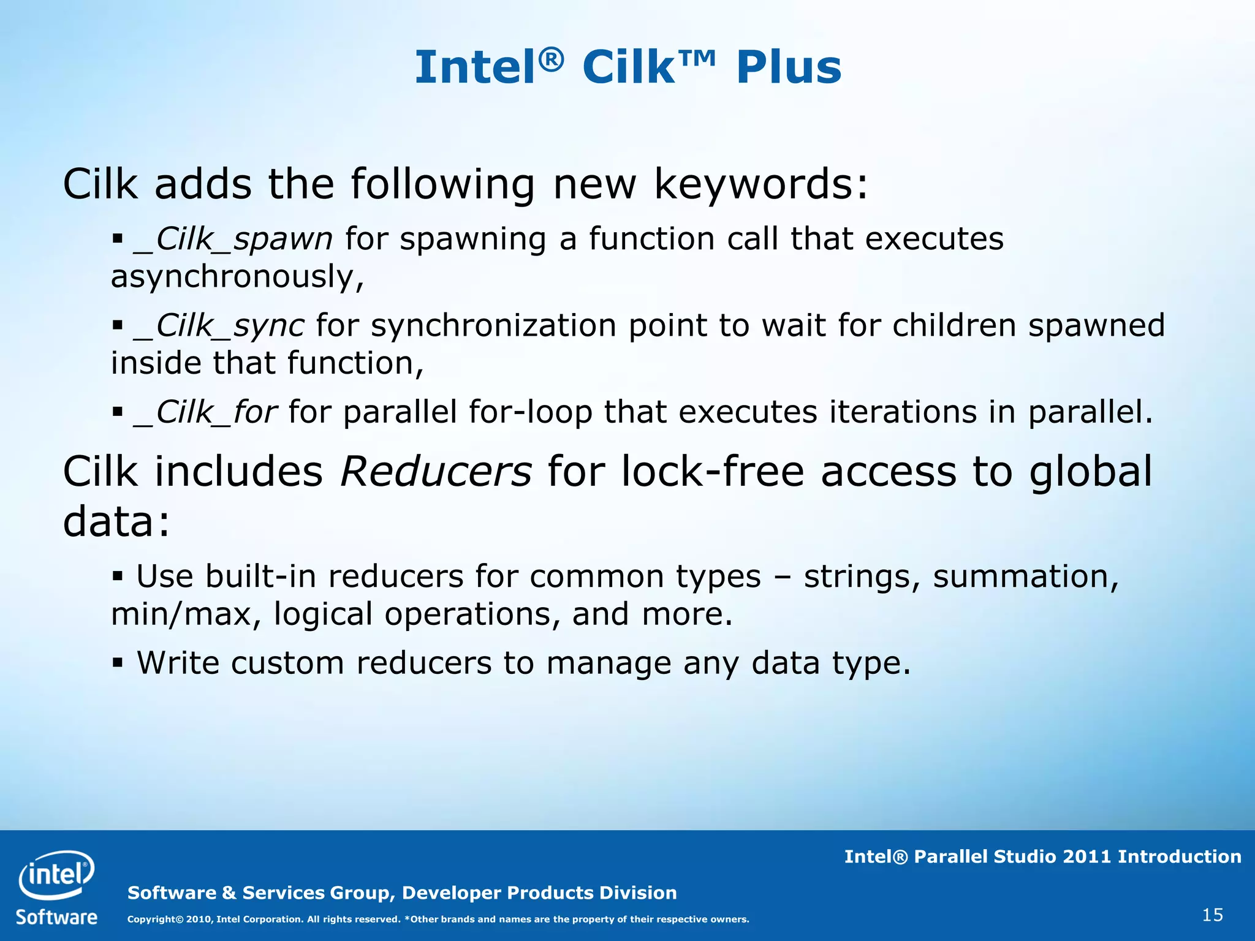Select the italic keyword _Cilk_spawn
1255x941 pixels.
pyautogui.click(x=233, y=239)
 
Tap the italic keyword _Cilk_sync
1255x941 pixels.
pyautogui.click(x=219, y=325)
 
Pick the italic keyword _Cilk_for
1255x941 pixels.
pyautogui.click(x=205, y=412)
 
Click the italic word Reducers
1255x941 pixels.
pyautogui.click(x=436, y=472)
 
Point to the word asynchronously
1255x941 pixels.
pyautogui.click(x=236, y=277)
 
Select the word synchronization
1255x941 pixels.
pyautogui.click(x=493, y=325)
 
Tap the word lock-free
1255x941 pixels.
pyautogui.click(x=712, y=472)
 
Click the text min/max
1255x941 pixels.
pyautogui.click(x=181, y=614)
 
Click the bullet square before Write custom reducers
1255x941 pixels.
pyautogui.click(x=118, y=662)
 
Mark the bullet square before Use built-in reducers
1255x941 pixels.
pyautogui.click(x=118, y=575)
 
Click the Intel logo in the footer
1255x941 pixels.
pyautogui.click(x=56, y=874)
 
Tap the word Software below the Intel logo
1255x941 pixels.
pyautogui.click(x=56, y=917)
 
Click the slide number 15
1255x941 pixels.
pyautogui.click(x=1212, y=915)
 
